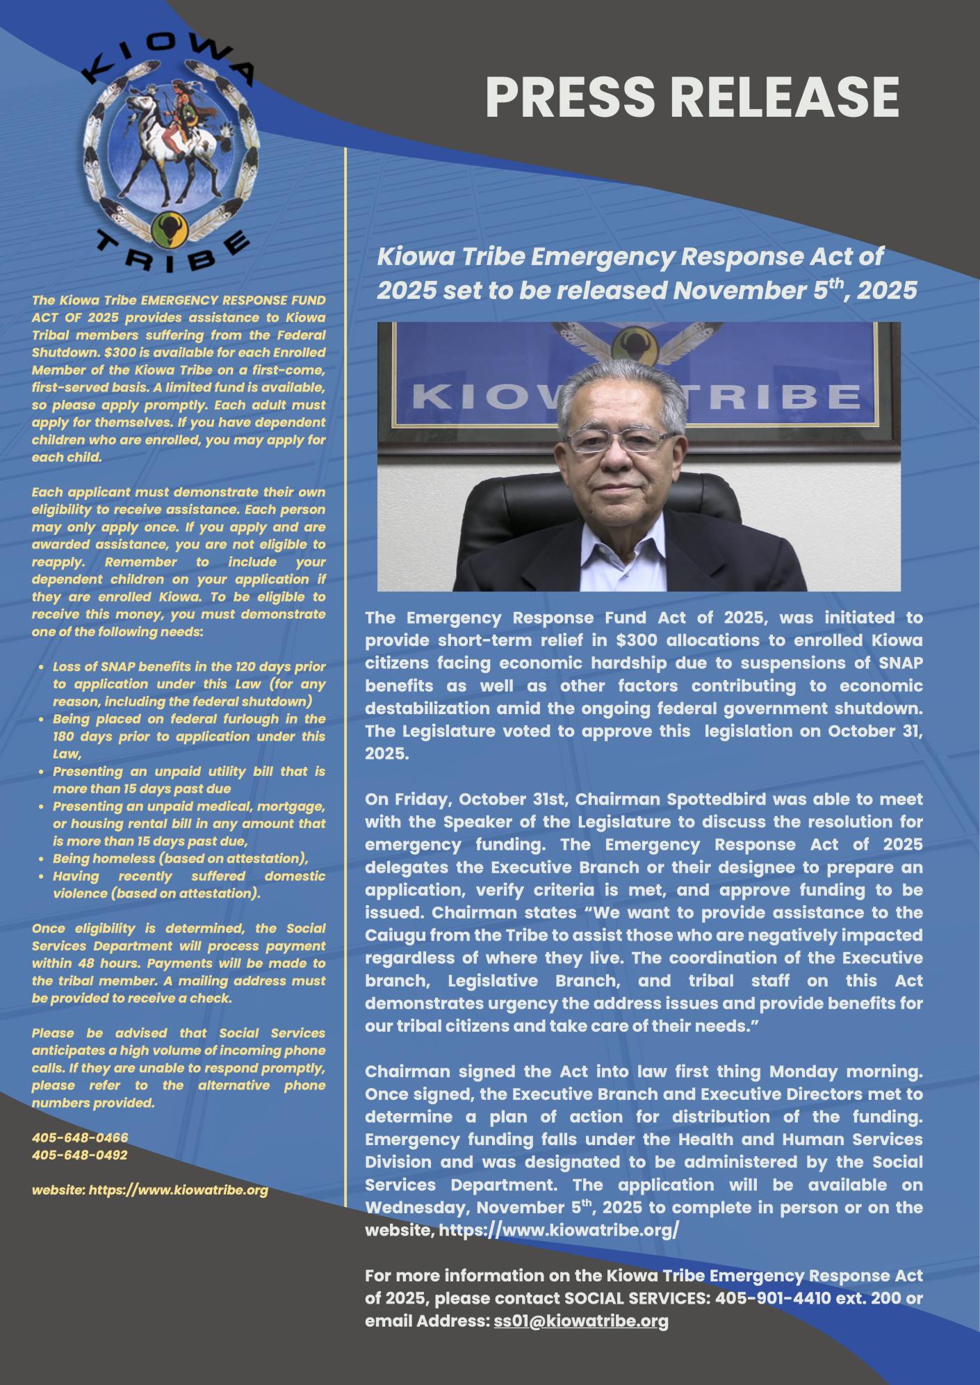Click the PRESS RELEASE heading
pyautogui.click(x=692, y=97)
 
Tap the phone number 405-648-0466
pyautogui.click(x=80, y=1137)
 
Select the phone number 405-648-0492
pyautogui.click(x=80, y=1155)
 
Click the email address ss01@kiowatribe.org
pyautogui.click(x=581, y=1321)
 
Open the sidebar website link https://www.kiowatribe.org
pyautogui.click(x=178, y=1190)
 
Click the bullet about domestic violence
pyautogui.click(x=189, y=884)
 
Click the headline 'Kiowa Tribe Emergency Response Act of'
pyautogui.click(x=630, y=257)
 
